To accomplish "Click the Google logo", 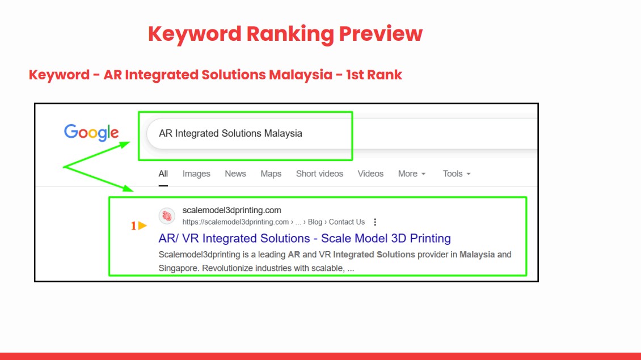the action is [x=91, y=133].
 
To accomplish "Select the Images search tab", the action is [x=196, y=173].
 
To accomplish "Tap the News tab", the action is [x=235, y=173].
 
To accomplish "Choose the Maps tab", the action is [x=271, y=173].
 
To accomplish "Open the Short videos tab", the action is [x=320, y=173].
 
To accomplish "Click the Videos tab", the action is [x=371, y=173].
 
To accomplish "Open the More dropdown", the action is [x=412, y=173].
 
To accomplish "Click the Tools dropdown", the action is [x=457, y=173].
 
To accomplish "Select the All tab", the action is [x=163, y=173].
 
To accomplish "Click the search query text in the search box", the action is [x=230, y=133].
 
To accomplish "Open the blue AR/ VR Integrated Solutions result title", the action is [x=305, y=238].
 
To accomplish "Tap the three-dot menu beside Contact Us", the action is [x=375, y=222].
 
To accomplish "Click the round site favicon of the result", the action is [x=167, y=216].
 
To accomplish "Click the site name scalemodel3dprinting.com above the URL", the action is [x=232, y=210].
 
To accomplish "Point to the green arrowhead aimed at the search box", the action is [x=124, y=145].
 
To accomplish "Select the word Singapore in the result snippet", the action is [x=178, y=268].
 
